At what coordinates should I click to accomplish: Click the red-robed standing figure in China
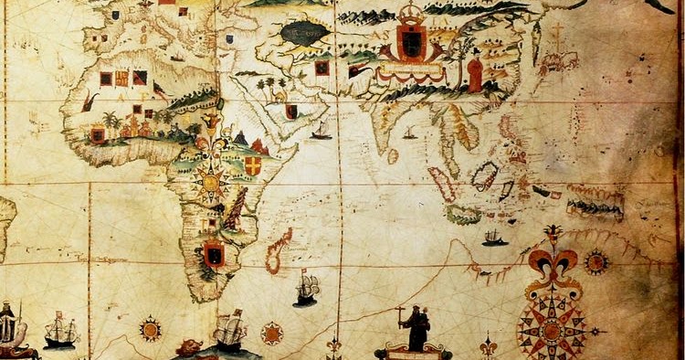(x=475, y=72)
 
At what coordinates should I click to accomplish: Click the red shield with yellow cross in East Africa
(x=253, y=165)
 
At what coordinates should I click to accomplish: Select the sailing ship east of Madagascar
(x=306, y=288)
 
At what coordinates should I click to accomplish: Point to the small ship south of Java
(x=495, y=238)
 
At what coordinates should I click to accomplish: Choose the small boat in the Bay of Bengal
(x=410, y=134)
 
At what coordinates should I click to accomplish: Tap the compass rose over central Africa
(x=212, y=182)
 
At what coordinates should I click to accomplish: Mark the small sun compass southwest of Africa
(x=151, y=328)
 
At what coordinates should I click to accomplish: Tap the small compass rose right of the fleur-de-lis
(x=597, y=262)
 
